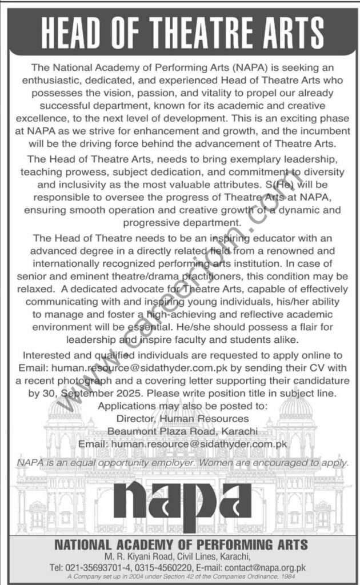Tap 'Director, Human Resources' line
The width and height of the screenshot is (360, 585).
pyautogui.click(x=180, y=418)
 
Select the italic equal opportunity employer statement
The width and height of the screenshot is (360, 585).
pyautogui.click(x=180, y=462)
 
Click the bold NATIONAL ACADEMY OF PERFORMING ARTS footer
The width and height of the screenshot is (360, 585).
pyautogui.click(x=180, y=546)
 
